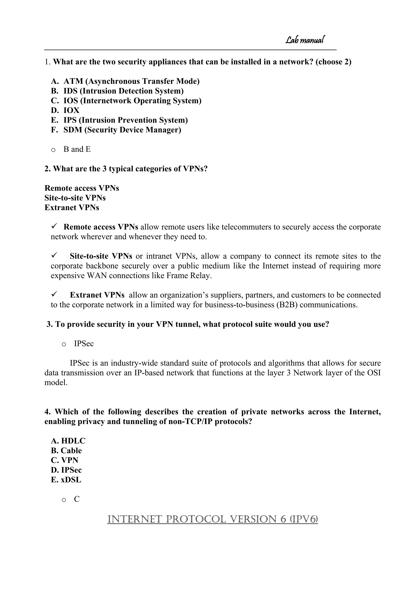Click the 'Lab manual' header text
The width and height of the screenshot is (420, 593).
point(305,40)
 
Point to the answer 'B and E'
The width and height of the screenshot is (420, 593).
point(77,149)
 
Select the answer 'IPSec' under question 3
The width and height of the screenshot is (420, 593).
point(84,344)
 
